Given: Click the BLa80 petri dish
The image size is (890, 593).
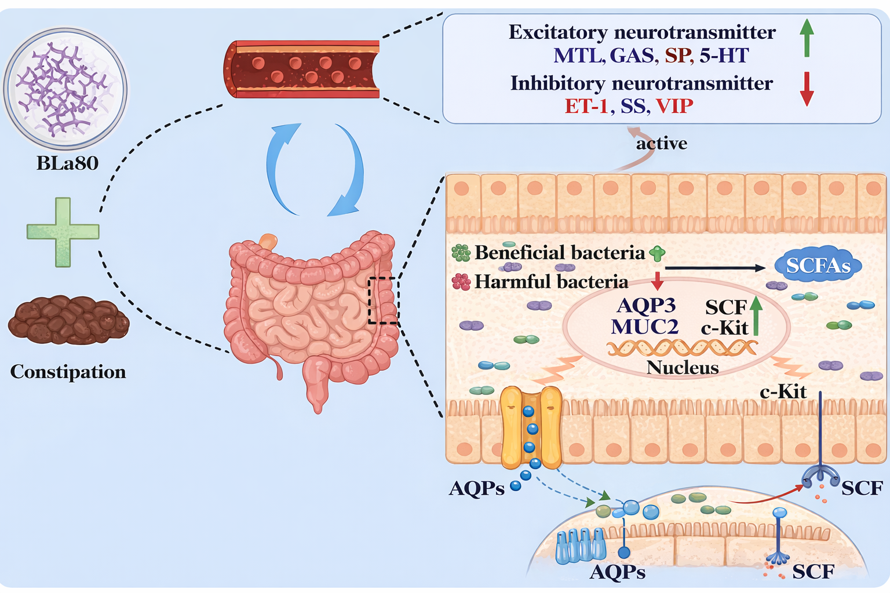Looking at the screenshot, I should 65,88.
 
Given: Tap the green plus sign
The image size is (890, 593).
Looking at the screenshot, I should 63,232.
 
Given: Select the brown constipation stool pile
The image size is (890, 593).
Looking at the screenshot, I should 68,320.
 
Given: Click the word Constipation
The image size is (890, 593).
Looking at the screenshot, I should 68,372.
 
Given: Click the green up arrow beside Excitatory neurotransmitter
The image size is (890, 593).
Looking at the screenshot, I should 807,37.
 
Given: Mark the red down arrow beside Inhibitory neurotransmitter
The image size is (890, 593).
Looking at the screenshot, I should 807,89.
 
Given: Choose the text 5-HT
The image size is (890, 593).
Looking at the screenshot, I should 724,56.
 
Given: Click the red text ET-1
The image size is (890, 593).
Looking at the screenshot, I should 586,107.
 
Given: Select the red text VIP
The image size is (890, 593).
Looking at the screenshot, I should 674,107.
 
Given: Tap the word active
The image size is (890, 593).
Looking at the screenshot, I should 662,144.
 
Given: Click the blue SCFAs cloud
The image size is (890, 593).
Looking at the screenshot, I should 818,266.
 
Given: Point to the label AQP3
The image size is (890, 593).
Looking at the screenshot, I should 646,305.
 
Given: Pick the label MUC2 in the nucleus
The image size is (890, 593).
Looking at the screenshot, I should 644,327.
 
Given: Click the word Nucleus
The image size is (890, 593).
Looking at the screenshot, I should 683,368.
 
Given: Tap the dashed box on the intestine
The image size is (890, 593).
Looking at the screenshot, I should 383,300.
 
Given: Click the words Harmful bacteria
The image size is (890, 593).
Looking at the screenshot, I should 551,282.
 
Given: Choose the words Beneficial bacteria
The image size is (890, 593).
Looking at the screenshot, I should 560,252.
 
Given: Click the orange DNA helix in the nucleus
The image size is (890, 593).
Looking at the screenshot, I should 682,347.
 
